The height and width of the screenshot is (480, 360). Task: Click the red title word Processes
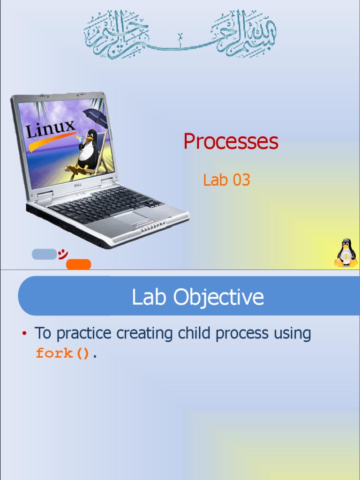coord(231,142)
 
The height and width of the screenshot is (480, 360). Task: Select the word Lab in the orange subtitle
coord(214,180)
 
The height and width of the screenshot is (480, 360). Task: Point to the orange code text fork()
coord(64,353)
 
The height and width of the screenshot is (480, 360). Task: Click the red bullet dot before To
coord(23,334)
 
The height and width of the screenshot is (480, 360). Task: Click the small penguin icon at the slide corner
coord(346,253)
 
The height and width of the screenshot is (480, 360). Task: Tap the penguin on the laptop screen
coord(87,150)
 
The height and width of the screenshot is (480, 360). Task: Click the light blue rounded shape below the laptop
coord(44,254)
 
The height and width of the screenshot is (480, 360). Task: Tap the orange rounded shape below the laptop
coord(79,264)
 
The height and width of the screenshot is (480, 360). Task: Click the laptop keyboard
coord(103,203)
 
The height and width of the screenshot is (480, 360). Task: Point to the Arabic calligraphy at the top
coord(180,34)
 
